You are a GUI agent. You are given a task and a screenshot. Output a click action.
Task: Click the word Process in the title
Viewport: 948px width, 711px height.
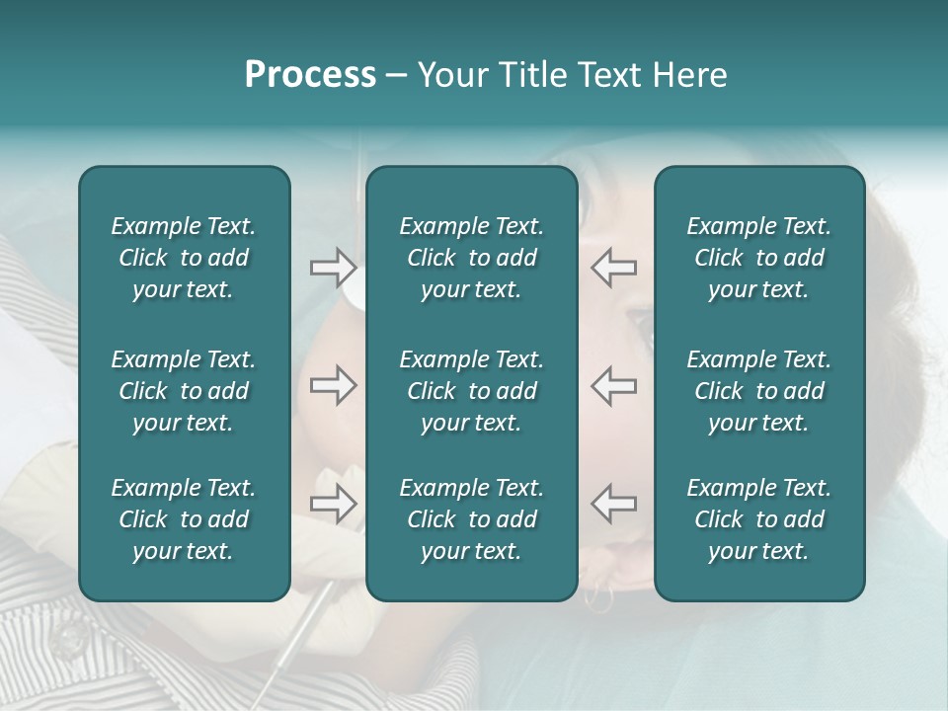click(x=310, y=75)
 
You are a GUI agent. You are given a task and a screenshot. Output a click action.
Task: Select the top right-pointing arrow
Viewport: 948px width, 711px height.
click(x=333, y=267)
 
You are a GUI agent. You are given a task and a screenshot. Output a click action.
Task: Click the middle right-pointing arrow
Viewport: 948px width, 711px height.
click(x=333, y=385)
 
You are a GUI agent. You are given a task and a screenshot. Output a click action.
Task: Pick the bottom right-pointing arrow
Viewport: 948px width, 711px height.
click(x=333, y=504)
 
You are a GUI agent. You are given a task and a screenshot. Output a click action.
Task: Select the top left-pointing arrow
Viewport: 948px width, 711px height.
click(x=614, y=267)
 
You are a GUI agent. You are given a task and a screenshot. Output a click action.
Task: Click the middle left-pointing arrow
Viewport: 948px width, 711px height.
click(x=614, y=385)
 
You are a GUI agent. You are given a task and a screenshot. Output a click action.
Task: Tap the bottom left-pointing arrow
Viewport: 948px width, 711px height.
click(x=614, y=504)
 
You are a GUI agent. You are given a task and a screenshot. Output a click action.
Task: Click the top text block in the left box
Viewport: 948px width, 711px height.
click(x=184, y=258)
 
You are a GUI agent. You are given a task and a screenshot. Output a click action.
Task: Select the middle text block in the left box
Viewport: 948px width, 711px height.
click(x=184, y=391)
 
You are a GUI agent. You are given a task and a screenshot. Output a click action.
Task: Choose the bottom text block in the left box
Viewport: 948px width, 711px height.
click(x=184, y=519)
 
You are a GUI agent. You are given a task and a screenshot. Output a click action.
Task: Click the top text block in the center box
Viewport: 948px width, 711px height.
click(x=471, y=258)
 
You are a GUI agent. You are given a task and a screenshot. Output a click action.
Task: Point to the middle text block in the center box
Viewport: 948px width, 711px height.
click(x=471, y=391)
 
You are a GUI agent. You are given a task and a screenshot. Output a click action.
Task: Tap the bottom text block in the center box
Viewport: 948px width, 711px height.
click(x=471, y=519)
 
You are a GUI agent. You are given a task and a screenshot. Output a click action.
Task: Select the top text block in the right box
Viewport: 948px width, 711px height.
click(x=758, y=258)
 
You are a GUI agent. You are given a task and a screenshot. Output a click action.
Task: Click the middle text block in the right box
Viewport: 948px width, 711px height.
click(x=758, y=391)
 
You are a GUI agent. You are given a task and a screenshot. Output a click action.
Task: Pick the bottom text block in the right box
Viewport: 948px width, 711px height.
click(x=758, y=519)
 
